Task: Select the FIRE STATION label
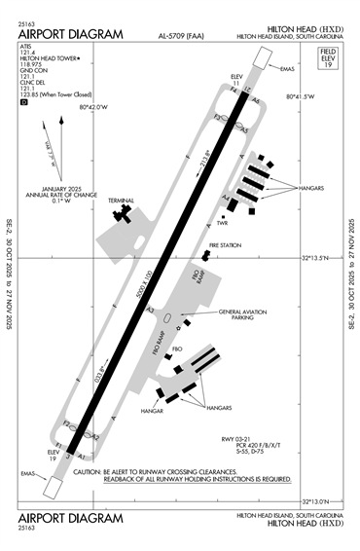pos(226,245)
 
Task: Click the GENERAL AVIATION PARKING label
pos(244,315)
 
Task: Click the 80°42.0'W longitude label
pos(96,107)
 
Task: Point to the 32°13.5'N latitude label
pos(320,258)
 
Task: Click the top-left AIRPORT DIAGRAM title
pos(70,35)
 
